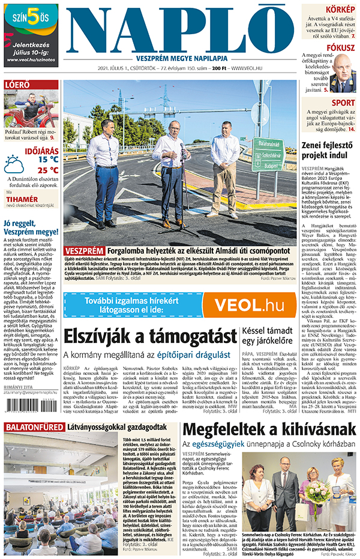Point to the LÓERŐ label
coord(17,85)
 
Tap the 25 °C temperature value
coord(47,170)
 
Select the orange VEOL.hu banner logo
coord(250,304)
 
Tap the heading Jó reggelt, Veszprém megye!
coord(30,227)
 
